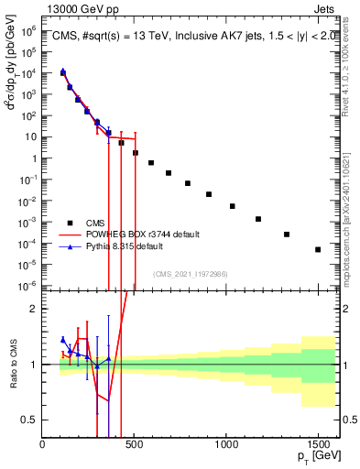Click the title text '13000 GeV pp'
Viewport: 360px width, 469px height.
coord(80,8)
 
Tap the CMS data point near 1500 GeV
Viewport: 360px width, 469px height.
coord(318,249)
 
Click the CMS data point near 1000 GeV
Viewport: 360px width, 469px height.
coord(234,206)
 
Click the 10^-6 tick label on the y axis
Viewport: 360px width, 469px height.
coord(28,285)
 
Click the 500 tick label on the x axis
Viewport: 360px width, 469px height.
coord(135,442)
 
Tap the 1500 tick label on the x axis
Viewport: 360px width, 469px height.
coord(318,442)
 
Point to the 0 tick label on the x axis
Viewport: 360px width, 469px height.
coord(43,442)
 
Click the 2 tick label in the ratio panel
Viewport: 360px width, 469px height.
coord(33,309)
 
